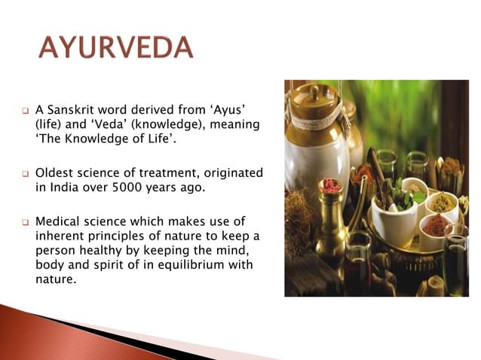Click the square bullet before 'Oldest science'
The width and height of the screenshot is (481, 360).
pyautogui.click(x=25, y=174)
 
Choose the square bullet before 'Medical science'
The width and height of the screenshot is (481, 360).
pyautogui.click(x=25, y=221)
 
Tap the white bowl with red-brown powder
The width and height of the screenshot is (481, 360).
pyautogui.click(x=436, y=225)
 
